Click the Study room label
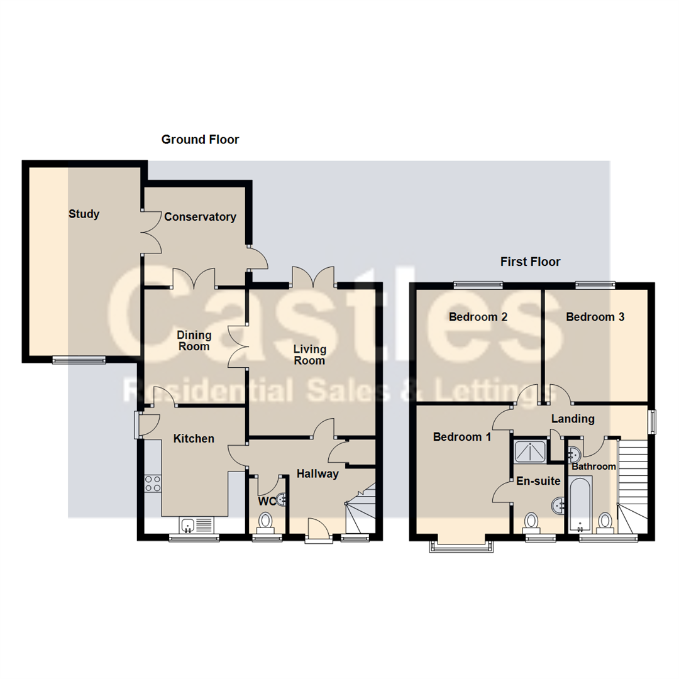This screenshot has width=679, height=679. coord(84,214)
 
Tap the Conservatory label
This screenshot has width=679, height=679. coord(200,217)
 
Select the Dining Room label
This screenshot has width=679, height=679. coord(194,341)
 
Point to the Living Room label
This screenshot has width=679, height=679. coord(309,355)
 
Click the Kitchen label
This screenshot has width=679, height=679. coord(194,439)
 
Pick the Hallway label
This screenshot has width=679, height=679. coord(317,474)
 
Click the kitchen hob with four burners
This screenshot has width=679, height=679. coord(153,483)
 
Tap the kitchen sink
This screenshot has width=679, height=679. coord(196,525)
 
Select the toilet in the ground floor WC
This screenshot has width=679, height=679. coord(265,522)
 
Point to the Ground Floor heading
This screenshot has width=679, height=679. coord(200,140)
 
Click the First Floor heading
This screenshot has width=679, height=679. coord(531,262)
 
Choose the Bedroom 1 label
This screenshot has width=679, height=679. coord(462,437)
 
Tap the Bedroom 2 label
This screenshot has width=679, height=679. coord(478,317)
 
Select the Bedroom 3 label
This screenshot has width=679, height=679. coord(595,317)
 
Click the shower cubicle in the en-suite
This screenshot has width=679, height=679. coord(531,451)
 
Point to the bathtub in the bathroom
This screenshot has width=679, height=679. coord(580,504)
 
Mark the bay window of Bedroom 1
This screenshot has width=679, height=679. coord(461,546)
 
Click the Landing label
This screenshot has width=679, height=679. coord(573,419)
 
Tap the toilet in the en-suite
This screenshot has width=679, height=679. coord(531,522)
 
